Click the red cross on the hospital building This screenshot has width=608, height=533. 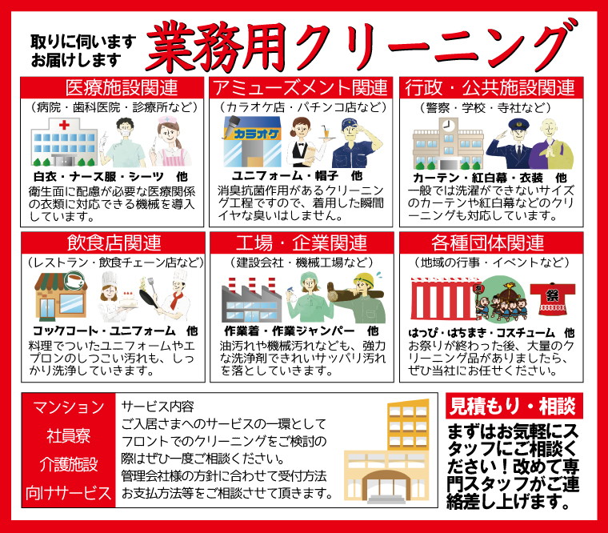pos(64,125)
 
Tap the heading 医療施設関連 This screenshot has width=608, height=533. pos(122,88)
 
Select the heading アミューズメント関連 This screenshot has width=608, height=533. pos(300,88)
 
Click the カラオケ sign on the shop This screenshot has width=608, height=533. pos(256,134)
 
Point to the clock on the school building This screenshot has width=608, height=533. pos(448,126)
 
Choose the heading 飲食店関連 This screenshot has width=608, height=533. pos(114,242)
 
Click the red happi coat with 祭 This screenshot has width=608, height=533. pos(552,299)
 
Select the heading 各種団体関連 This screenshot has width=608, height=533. pos(488,242)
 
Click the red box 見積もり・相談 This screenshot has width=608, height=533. pos(514,406)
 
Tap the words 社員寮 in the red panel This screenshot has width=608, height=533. pos(69,435)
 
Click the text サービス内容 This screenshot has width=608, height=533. pos(158,406)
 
